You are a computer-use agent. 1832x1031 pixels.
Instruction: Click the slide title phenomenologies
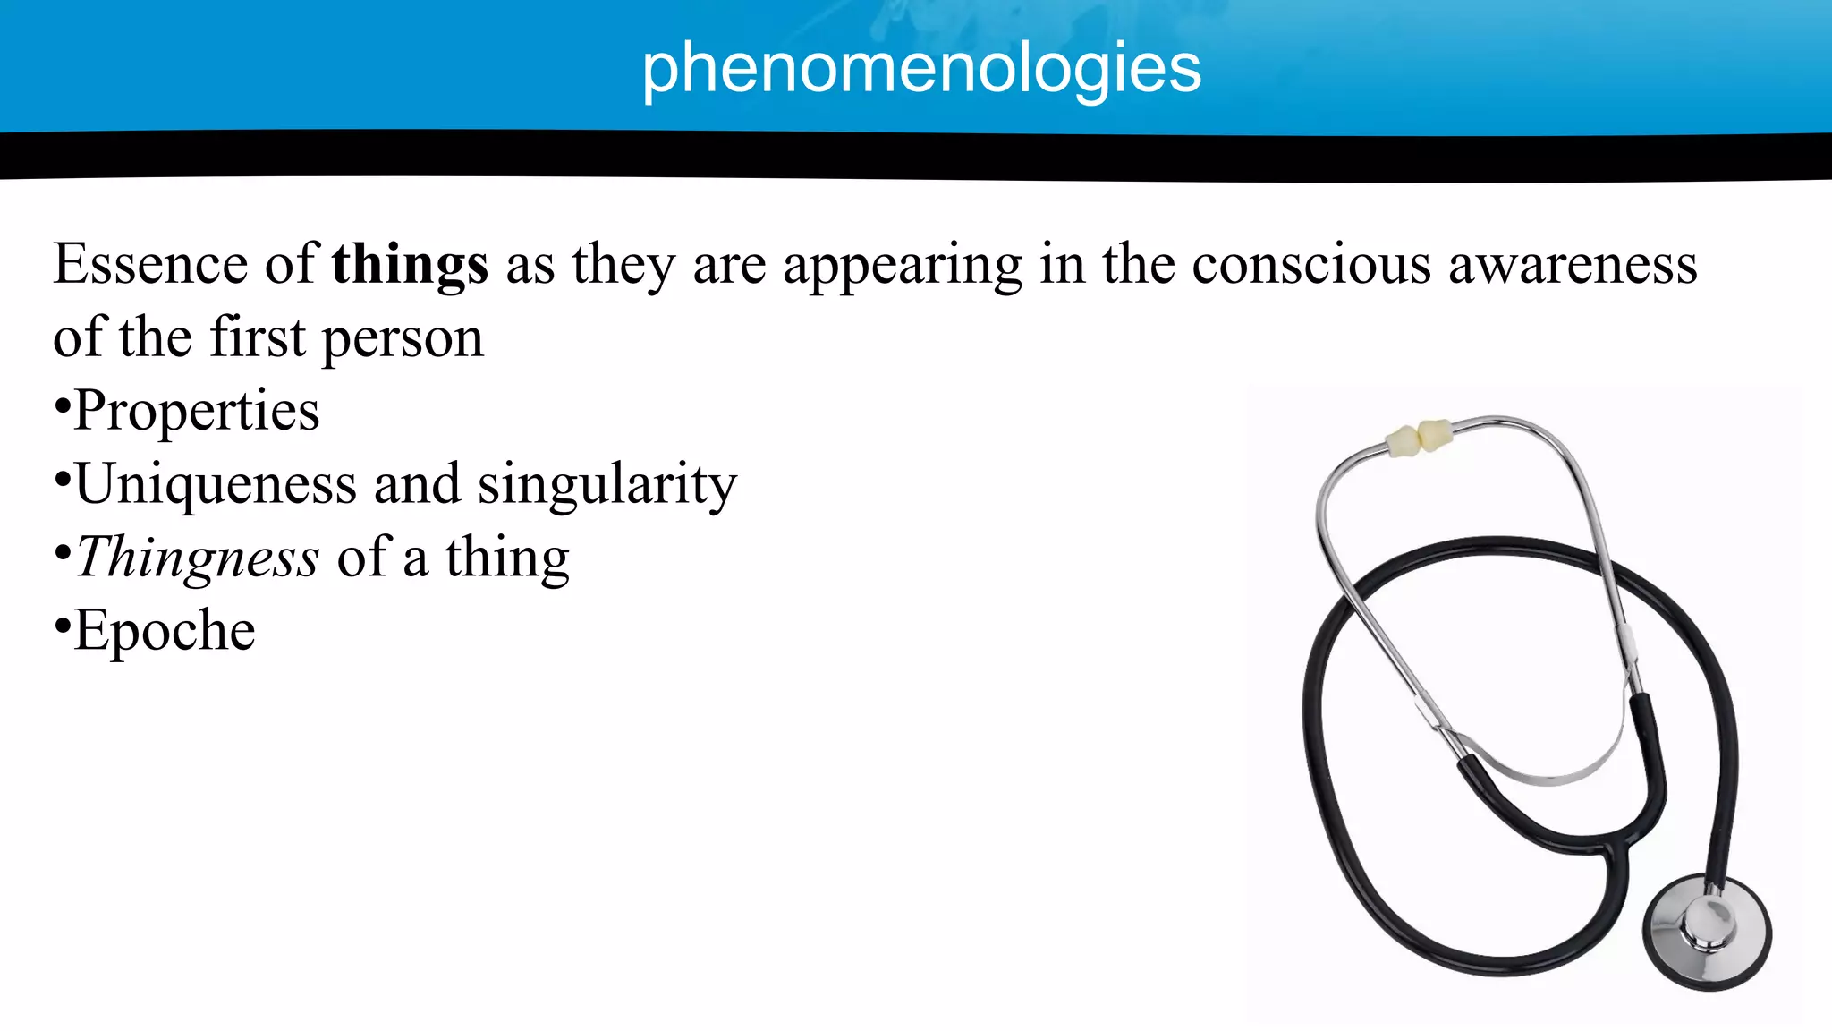[921, 68]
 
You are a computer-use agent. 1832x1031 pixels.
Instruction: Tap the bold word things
[410, 265]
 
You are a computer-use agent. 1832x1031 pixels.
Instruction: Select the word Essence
[150, 265]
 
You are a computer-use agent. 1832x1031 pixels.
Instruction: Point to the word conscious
[1311, 265]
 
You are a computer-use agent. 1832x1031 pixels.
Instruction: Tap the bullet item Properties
[197, 412]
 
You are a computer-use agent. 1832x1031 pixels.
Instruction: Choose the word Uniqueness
[216, 485]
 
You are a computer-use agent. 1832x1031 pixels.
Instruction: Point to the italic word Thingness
[198, 558]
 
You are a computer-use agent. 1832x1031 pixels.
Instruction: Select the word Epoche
[165, 632]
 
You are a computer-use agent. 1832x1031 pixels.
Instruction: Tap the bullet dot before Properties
[62, 406]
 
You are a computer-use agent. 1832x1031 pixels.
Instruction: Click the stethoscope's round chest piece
[1707, 931]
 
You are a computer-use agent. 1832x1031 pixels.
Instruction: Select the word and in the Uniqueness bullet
[416, 485]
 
